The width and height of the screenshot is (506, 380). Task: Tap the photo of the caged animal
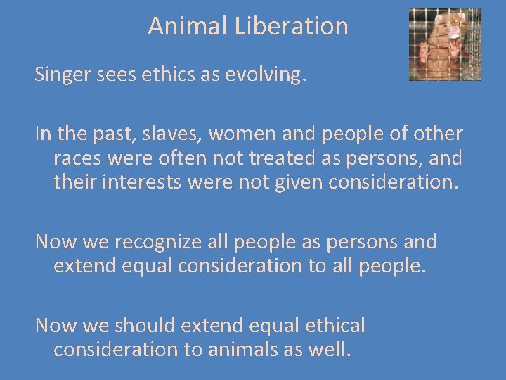click(x=445, y=44)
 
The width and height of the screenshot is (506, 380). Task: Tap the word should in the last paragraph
click(x=143, y=326)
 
